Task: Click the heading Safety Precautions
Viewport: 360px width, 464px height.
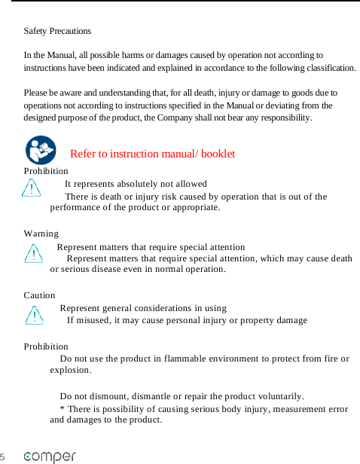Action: coord(57,31)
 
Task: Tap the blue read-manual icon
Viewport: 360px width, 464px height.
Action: coord(40,150)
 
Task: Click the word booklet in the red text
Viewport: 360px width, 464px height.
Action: coord(218,154)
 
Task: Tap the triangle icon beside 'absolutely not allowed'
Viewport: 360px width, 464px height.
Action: coord(32,188)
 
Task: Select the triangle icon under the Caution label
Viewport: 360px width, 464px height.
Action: coord(34,314)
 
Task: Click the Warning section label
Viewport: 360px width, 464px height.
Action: coord(41,234)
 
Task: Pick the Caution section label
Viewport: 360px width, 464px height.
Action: coord(39,295)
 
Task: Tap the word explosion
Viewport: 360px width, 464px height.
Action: coord(70,370)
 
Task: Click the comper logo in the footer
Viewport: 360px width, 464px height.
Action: coord(50,456)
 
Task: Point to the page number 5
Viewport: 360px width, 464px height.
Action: coord(3,457)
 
